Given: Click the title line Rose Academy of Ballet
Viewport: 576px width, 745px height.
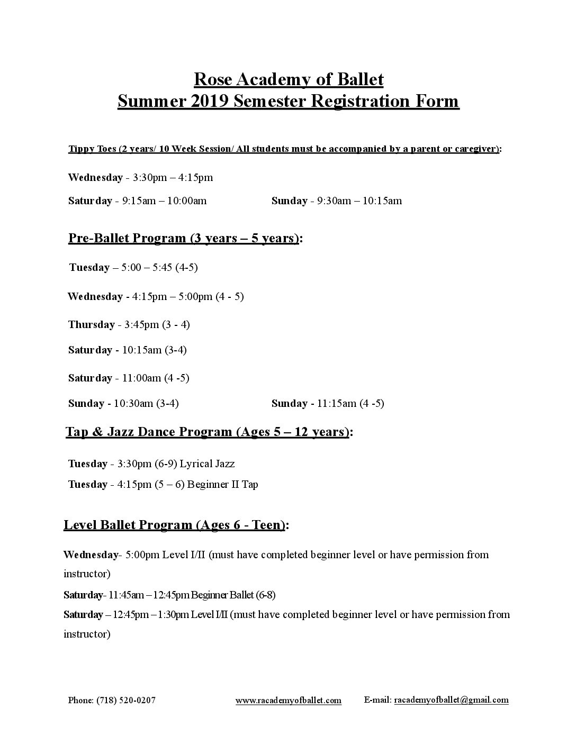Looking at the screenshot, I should click(x=289, y=79).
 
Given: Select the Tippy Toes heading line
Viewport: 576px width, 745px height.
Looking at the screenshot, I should click(x=284, y=149).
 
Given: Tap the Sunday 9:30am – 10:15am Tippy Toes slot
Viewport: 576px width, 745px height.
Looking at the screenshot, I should click(x=336, y=201).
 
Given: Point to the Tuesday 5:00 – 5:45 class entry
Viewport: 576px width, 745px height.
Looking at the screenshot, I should click(x=133, y=267).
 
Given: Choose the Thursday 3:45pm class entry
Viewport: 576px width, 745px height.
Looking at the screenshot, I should click(x=129, y=324).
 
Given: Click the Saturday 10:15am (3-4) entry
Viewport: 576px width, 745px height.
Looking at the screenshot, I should click(x=127, y=350).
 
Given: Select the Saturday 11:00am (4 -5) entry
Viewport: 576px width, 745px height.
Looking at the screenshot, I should click(x=129, y=378).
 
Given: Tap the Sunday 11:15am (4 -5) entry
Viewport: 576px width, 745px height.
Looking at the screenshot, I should click(x=328, y=403).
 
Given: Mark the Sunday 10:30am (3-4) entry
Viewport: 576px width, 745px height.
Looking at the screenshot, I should click(x=123, y=403).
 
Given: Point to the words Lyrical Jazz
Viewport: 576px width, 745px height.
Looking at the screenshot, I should click(x=207, y=464).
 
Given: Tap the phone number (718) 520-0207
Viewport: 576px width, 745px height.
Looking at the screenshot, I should click(x=126, y=700).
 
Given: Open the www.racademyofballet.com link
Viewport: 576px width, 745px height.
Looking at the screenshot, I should click(x=288, y=700).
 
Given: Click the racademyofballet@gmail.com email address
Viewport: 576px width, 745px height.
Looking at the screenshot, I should click(x=451, y=700).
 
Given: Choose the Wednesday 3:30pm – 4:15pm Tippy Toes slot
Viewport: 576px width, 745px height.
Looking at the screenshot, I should click(x=140, y=178).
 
